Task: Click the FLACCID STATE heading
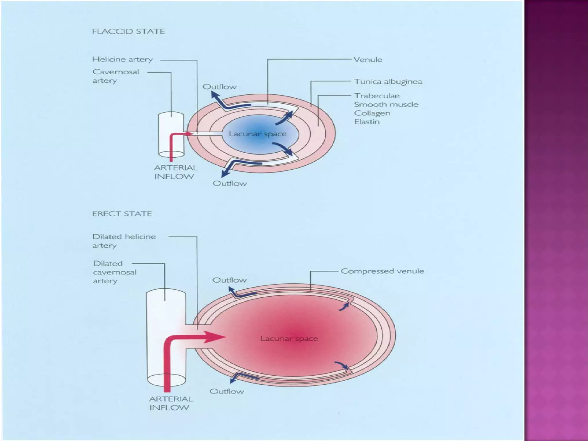coord(128,31)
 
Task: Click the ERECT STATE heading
coord(122,214)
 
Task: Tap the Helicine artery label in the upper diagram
coord(123,59)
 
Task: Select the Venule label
coord(368,60)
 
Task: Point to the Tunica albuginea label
coord(388,82)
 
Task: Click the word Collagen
coord(372,113)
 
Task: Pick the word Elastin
coord(367,122)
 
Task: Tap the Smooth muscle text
coord(386,105)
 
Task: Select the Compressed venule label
coord(382,271)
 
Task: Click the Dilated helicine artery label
coord(124,241)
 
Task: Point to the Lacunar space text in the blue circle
coord(258,134)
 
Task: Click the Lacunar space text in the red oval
coord(289,339)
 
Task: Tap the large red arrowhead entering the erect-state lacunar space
coord(215,337)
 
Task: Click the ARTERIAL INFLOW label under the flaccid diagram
coord(176,172)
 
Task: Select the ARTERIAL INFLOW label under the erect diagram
coord(171,403)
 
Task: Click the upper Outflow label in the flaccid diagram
coord(220,87)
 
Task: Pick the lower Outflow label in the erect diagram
coord(227,391)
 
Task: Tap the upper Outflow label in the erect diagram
coord(229,280)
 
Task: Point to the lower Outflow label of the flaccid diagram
coord(230,183)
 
